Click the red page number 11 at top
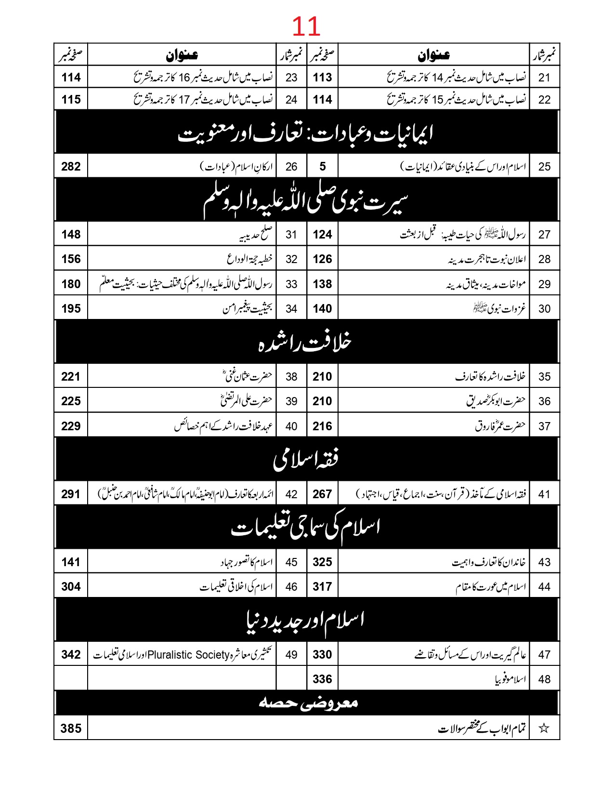coord(306,26)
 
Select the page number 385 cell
coord(71,728)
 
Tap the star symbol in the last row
coord(544,728)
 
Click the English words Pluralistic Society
coord(188,655)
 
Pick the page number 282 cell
coord(71,167)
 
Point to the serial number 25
coord(544,167)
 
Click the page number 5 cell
coord(322,167)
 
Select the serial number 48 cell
coord(544,679)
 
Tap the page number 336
coord(322,679)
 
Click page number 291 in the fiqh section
coord(71,494)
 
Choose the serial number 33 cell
coord(291,284)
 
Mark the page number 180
coord(71,284)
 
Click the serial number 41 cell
coord(544,494)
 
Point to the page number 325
coord(322,562)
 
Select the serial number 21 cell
coord(544,77)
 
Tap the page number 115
coord(71,100)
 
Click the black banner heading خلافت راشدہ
coord(306,342)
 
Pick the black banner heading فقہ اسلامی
coord(306,459)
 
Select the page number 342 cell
coord(71,655)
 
